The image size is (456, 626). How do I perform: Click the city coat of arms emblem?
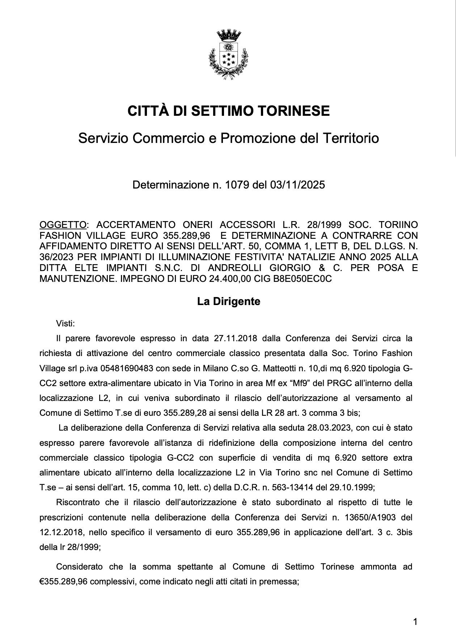[228, 52]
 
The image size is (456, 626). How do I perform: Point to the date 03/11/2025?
[297, 185]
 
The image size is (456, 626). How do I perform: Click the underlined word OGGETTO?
[63, 225]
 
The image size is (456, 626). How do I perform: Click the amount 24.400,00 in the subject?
[232, 279]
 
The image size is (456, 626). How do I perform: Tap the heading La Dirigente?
[228, 301]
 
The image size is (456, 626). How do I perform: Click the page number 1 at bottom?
[415, 621]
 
